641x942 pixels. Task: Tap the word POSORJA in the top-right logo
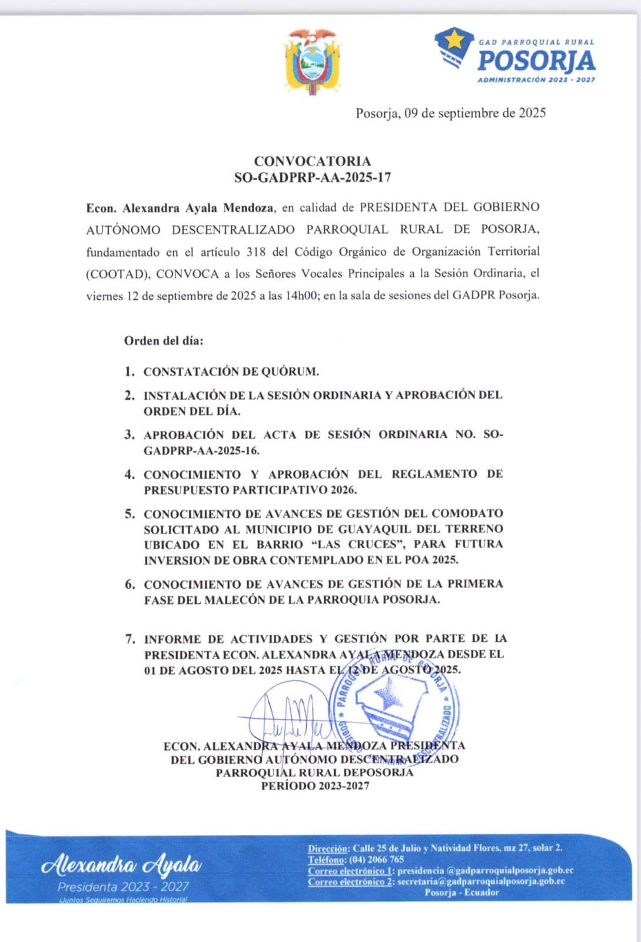[x=536, y=61]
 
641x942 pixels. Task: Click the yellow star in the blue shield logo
[x=454, y=42]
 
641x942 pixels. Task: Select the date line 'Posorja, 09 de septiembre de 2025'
[x=450, y=113]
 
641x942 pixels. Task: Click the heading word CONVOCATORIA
[x=313, y=161]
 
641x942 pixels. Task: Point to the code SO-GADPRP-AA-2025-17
[x=313, y=177]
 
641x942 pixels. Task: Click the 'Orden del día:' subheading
[x=164, y=341]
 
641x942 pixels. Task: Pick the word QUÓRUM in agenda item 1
[x=290, y=372]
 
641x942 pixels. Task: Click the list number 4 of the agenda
[x=129, y=475]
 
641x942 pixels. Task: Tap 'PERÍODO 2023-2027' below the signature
[x=315, y=786]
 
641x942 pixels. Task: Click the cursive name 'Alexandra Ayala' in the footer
[x=121, y=865]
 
